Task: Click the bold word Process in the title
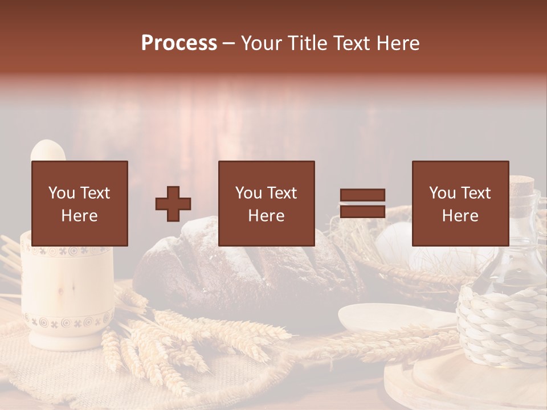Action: [x=179, y=43]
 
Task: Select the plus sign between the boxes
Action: [x=173, y=204]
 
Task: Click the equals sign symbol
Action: [x=362, y=203]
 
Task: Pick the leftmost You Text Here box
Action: [x=80, y=203]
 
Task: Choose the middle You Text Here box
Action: [x=266, y=203]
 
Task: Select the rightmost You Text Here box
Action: [x=460, y=203]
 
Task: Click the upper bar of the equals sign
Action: [x=362, y=195]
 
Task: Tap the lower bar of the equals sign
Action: [x=362, y=212]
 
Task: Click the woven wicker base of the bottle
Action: [x=501, y=325]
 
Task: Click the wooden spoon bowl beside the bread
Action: [x=382, y=316]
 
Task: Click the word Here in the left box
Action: [x=79, y=216]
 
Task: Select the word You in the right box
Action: [x=442, y=193]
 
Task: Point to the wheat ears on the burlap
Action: [x=171, y=342]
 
